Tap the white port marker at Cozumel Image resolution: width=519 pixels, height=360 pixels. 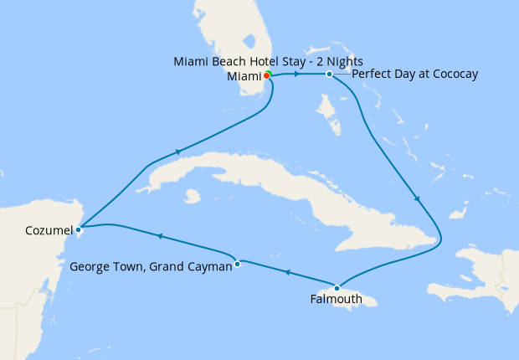(x=78, y=229)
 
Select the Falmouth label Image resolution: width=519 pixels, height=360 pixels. (x=337, y=299)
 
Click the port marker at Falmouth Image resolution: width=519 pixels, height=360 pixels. (x=337, y=286)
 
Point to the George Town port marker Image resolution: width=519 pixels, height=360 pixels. (x=238, y=264)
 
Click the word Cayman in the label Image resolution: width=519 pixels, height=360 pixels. (x=208, y=268)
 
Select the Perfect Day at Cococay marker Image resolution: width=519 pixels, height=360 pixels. (x=329, y=75)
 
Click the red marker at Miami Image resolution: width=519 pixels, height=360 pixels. (x=266, y=75)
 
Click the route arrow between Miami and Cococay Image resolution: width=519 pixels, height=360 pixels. (x=297, y=75)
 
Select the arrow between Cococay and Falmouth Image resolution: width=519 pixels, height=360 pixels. (x=417, y=198)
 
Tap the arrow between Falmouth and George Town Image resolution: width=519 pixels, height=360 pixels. (x=287, y=273)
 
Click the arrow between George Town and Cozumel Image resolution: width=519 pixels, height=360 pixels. (x=159, y=237)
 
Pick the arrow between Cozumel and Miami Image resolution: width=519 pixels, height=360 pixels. (x=177, y=152)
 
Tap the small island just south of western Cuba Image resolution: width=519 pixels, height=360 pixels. (x=193, y=196)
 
